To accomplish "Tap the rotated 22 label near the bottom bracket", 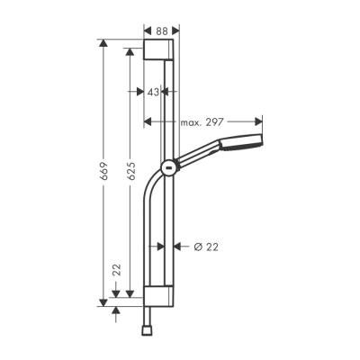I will (x=115, y=270).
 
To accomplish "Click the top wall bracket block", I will (x=163, y=49).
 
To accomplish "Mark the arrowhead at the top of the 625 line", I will (x=131, y=60).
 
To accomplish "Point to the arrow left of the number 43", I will (x=139, y=92).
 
